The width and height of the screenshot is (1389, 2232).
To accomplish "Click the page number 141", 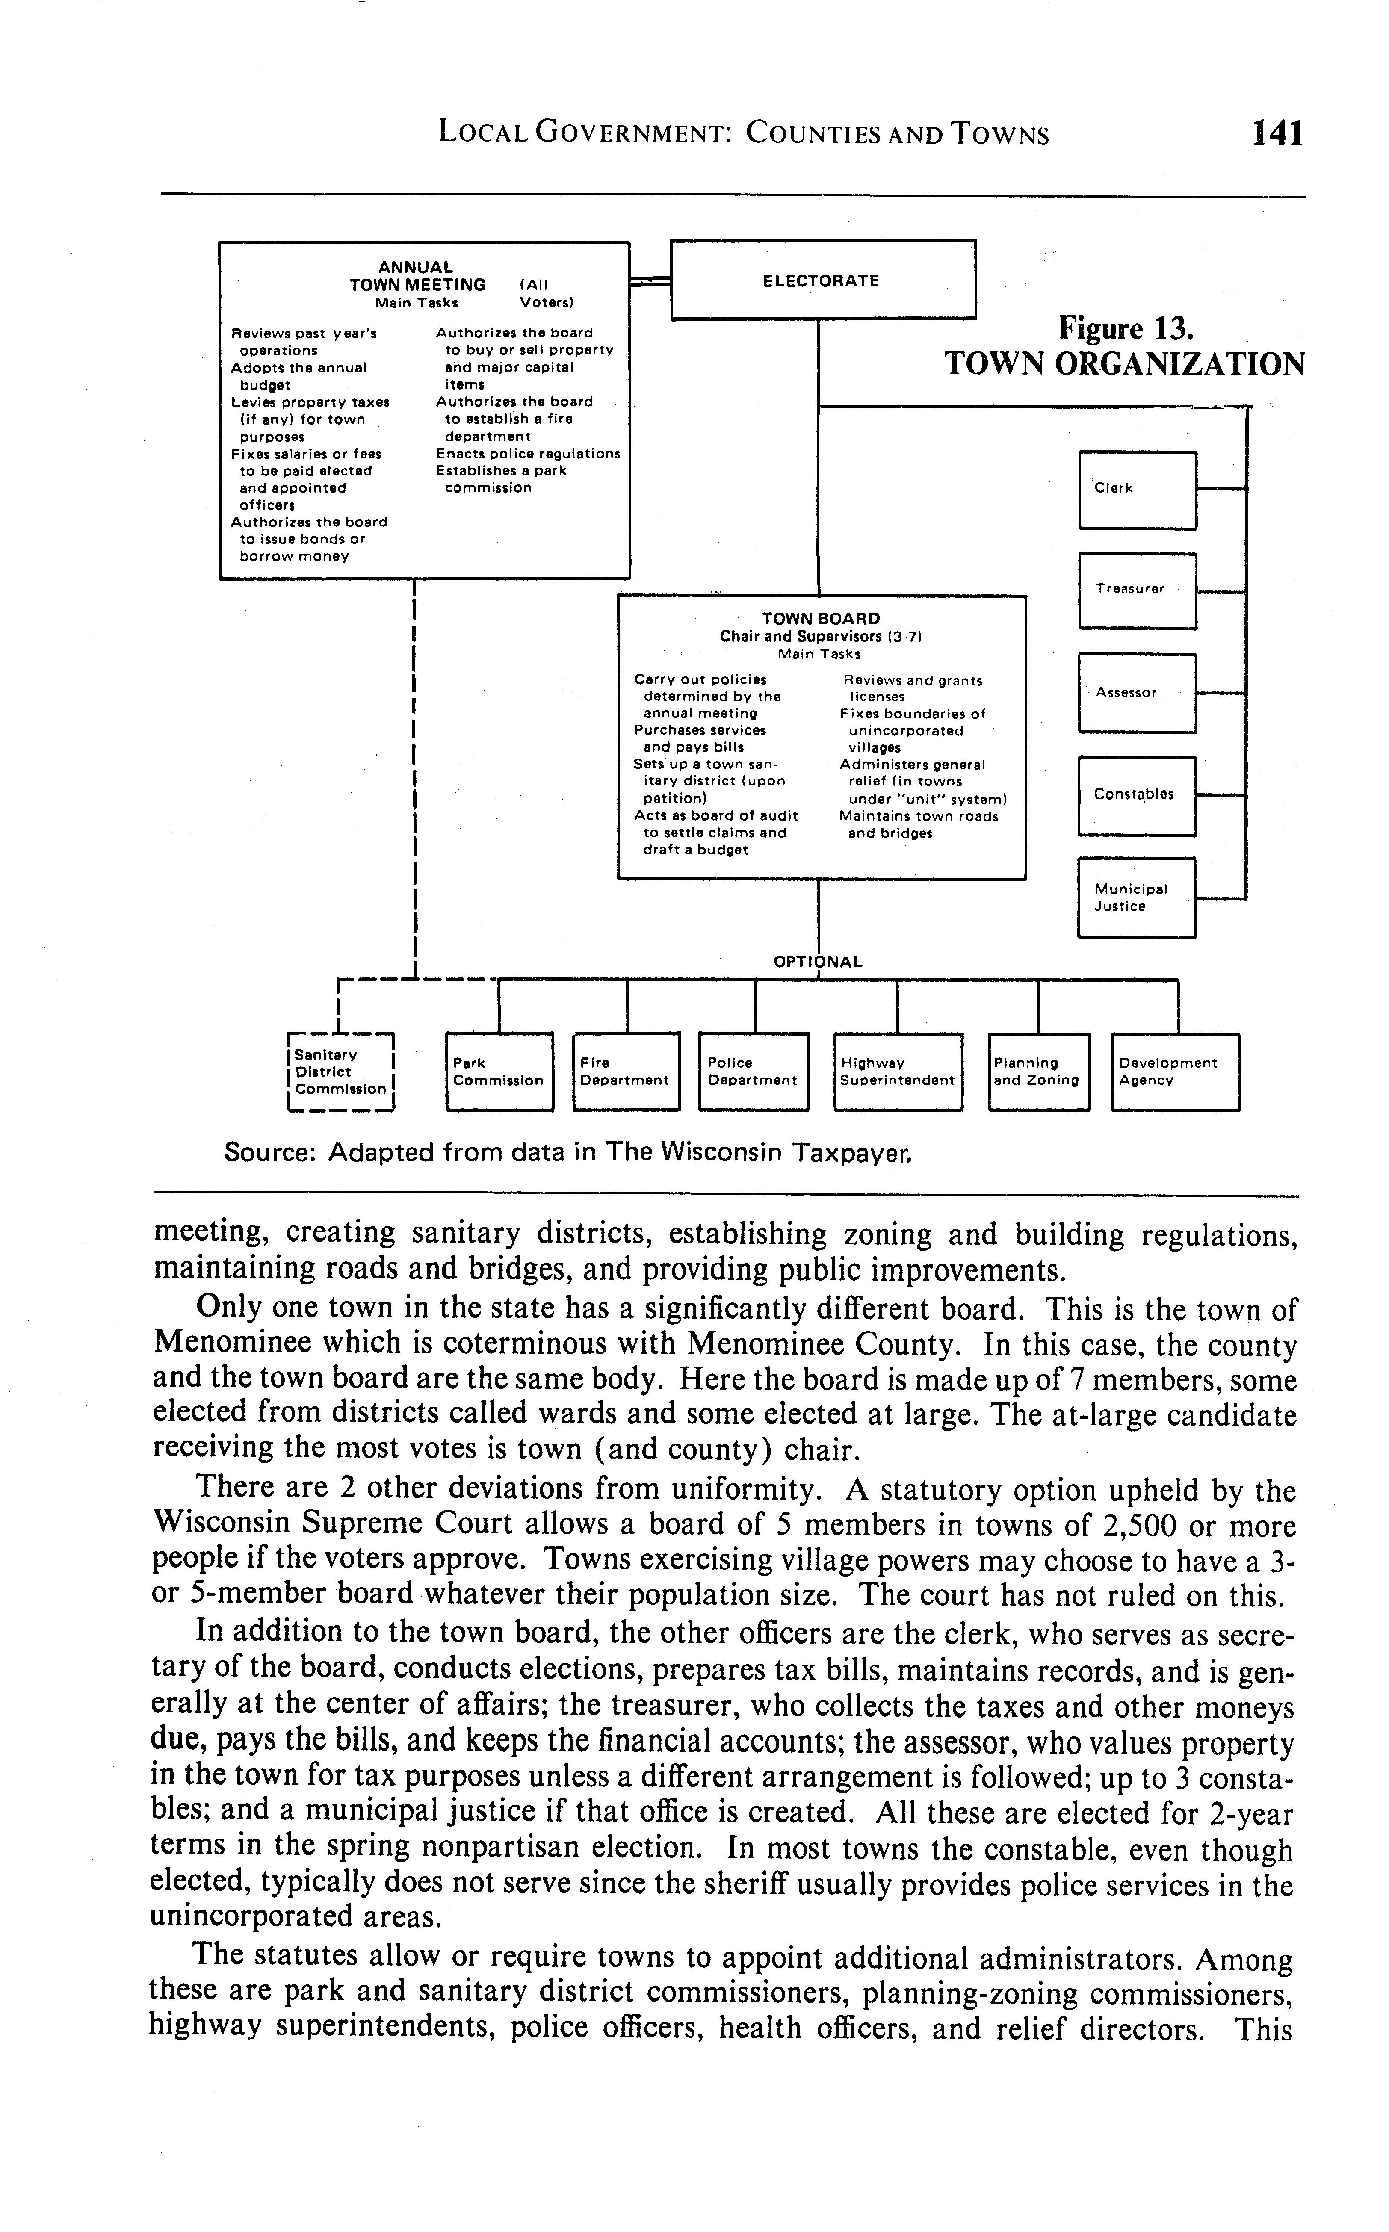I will click(1277, 134).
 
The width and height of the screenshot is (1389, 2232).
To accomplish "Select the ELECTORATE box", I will click(822, 280).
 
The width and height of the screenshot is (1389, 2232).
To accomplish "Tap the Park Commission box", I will click(499, 1072).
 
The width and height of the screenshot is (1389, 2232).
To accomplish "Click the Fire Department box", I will click(626, 1072).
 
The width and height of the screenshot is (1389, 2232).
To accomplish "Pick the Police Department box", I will click(753, 1072).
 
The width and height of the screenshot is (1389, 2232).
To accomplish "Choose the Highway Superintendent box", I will click(898, 1072).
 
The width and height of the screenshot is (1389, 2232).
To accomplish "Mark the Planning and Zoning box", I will click(1038, 1072).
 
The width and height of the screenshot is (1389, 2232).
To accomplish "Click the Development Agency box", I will click(1175, 1072).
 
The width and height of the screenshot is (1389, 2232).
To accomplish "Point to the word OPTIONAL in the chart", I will click(818, 962).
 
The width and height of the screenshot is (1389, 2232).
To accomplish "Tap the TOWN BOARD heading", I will click(820, 619).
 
